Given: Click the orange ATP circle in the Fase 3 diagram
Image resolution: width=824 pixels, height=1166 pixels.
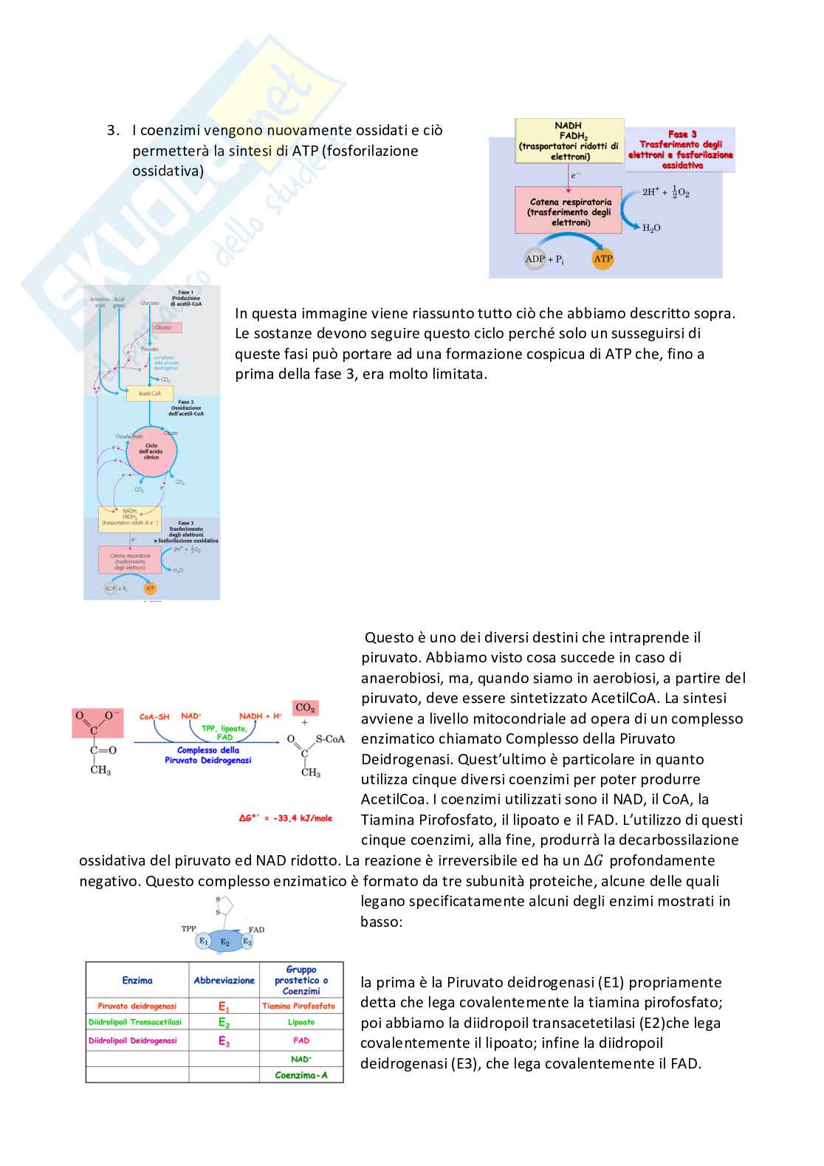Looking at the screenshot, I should pyautogui.click(x=603, y=258).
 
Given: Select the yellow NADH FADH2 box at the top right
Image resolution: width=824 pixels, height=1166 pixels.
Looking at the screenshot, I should pyautogui.click(x=569, y=141).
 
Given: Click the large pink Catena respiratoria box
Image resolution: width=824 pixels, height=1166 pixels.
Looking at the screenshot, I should pyautogui.click(x=569, y=211).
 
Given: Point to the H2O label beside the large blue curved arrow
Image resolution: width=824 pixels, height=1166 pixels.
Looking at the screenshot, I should pyautogui.click(x=651, y=228).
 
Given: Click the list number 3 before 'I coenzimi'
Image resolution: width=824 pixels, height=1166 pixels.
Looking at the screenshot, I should pyautogui.click(x=112, y=131).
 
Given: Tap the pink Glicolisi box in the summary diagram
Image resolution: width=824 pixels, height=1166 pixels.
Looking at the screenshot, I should pyautogui.click(x=163, y=327).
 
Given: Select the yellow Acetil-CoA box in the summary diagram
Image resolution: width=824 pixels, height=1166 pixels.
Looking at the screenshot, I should pyautogui.click(x=150, y=394).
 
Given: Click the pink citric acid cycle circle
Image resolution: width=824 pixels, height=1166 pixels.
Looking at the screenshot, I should pyautogui.click(x=151, y=451).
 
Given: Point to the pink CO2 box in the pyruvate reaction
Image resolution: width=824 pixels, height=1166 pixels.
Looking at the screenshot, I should pyautogui.click(x=305, y=707).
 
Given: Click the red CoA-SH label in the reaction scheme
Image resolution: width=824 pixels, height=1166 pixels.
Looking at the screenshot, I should pyautogui.click(x=154, y=716).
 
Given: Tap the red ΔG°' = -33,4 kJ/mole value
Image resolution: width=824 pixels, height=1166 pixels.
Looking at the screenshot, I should pyautogui.click(x=286, y=818).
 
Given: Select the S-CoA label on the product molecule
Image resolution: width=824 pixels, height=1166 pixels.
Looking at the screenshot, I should pyautogui.click(x=329, y=738).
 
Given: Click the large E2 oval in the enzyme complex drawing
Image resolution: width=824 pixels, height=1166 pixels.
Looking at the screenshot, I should pyautogui.click(x=225, y=942).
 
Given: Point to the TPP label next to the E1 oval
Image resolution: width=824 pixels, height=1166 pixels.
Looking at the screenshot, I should pyautogui.click(x=189, y=928).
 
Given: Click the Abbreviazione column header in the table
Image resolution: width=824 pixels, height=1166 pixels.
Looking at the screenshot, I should pyautogui.click(x=224, y=981).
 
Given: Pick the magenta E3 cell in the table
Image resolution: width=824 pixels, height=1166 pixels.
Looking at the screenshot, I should pyautogui.click(x=224, y=1040).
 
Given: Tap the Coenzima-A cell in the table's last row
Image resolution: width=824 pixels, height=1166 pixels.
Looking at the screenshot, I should pyautogui.click(x=301, y=1075).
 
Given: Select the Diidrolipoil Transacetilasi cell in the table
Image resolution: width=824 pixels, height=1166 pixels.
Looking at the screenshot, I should pyautogui.click(x=135, y=1023).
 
